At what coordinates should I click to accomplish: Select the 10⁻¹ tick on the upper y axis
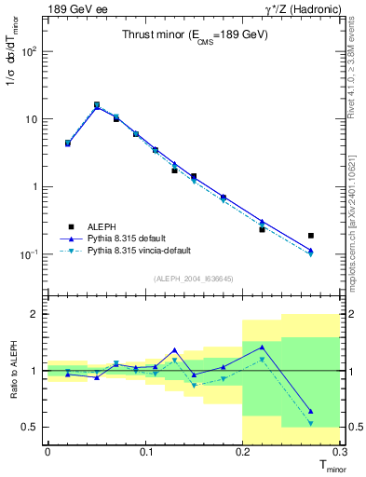(x=28, y=254)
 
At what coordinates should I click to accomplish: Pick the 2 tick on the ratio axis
(x=34, y=314)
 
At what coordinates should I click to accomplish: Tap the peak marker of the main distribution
(x=97, y=105)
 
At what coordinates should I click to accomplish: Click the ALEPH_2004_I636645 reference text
(x=194, y=279)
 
